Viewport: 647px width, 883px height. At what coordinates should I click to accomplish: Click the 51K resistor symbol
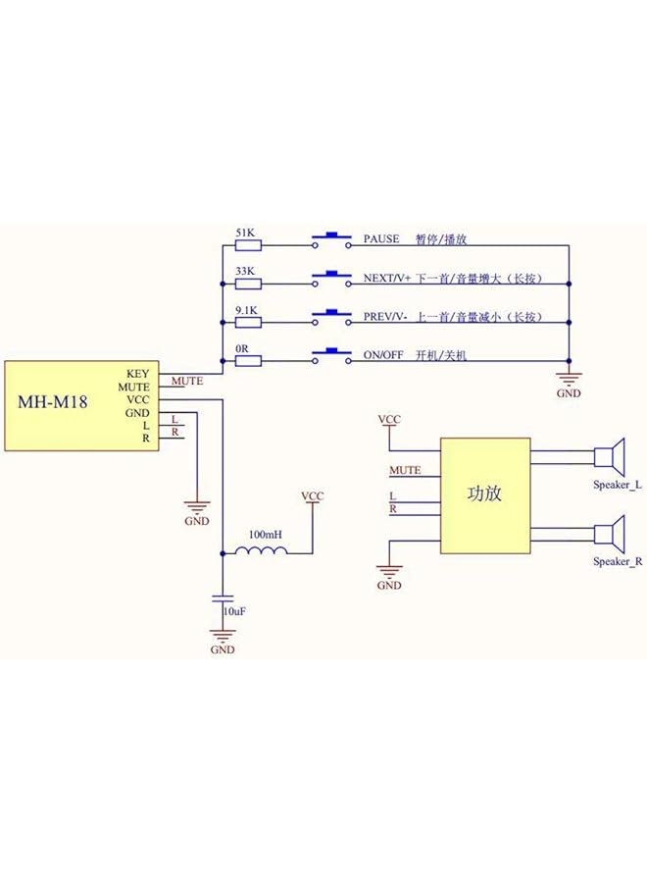tap(249, 245)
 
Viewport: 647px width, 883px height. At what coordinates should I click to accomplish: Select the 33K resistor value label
tap(245, 271)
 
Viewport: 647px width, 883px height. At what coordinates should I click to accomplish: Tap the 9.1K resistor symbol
tap(249, 323)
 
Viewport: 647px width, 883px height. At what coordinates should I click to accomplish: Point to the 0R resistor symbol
tap(249, 361)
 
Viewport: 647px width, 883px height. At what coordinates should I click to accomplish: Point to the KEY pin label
tap(138, 374)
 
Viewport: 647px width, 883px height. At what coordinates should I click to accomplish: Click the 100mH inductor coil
tap(261, 551)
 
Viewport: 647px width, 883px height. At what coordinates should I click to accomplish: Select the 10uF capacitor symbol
tap(223, 597)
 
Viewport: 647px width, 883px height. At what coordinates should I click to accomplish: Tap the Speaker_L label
tap(617, 486)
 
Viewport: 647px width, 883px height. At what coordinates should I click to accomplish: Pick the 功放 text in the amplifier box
tap(484, 493)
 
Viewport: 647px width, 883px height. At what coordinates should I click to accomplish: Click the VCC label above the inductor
tap(312, 496)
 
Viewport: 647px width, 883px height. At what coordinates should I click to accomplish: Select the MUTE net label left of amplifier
tap(405, 471)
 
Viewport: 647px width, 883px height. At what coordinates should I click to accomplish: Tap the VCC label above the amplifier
tap(390, 420)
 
